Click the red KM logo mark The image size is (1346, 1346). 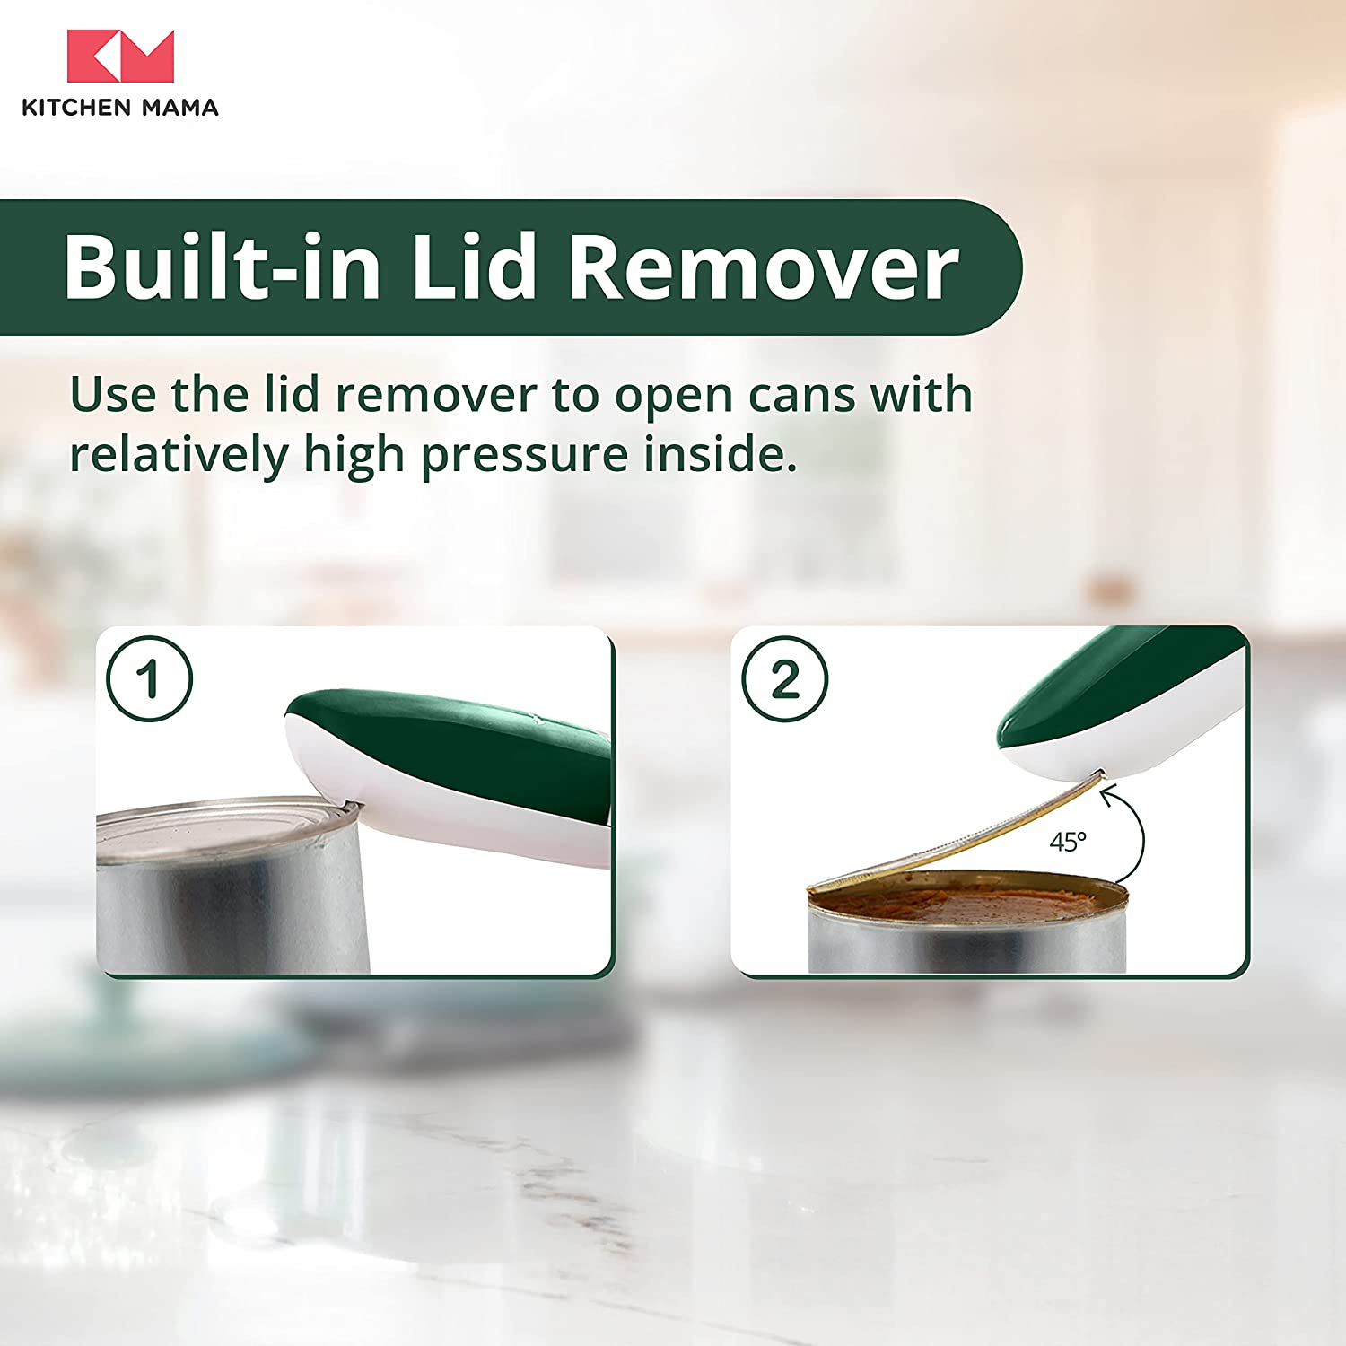[120, 56]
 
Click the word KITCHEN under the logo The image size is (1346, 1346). [76, 108]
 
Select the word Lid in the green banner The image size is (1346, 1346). [475, 267]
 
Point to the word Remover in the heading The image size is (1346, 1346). [764, 267]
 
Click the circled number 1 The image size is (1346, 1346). [149, 678]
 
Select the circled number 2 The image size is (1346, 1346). [785, 678]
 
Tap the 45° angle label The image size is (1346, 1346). [1068, 842]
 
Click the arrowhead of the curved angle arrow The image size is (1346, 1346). [1110, 793]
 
